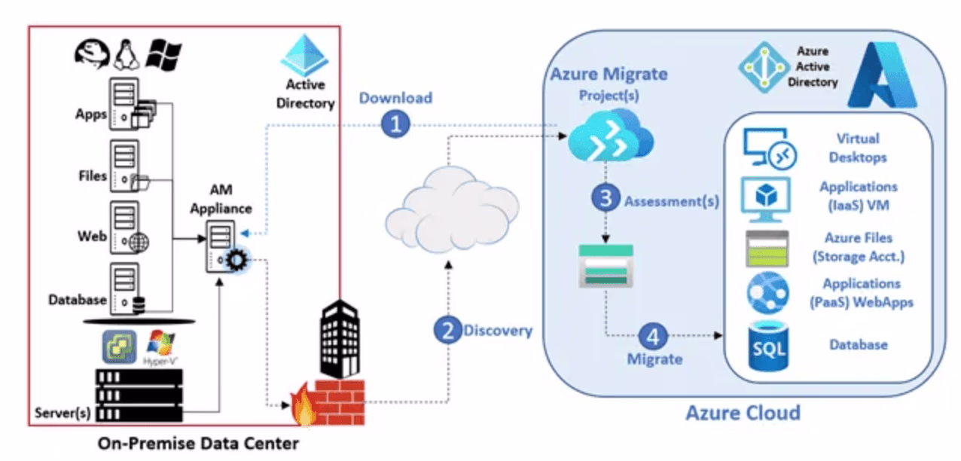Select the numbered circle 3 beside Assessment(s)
click(x=605, y=199)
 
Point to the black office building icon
click(x=340, y=336)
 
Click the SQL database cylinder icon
click(x=767, y=346)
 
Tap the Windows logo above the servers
click(x=164, y=55)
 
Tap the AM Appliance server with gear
click(x=224, y=250)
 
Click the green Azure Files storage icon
click(x=767, y=248)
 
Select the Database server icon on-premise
click(x=125, y=291)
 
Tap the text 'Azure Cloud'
click(x=742, y=413)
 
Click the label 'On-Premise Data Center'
click(x=198, y=444)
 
